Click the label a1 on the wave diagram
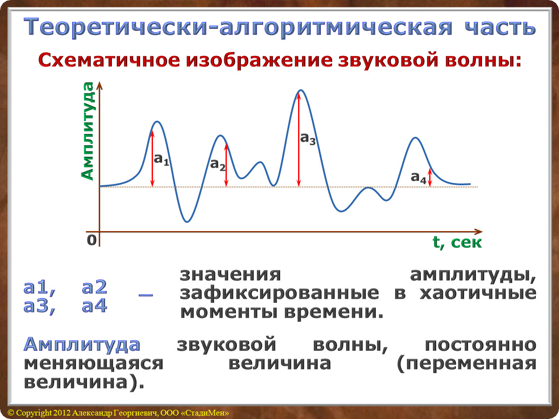161,159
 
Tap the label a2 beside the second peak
218,165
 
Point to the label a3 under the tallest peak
308,139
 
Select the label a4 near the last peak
418,177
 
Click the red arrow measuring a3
299,139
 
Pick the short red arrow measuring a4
430,178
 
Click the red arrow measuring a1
152,159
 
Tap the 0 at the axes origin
92,240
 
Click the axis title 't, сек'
457,242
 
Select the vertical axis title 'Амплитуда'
87,131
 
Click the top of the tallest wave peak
301,90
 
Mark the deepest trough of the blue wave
187,222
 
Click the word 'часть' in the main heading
500,27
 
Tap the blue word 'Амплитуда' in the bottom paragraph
82,345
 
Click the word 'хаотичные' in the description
478,294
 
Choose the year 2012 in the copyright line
62,413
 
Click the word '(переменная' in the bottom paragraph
467,364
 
